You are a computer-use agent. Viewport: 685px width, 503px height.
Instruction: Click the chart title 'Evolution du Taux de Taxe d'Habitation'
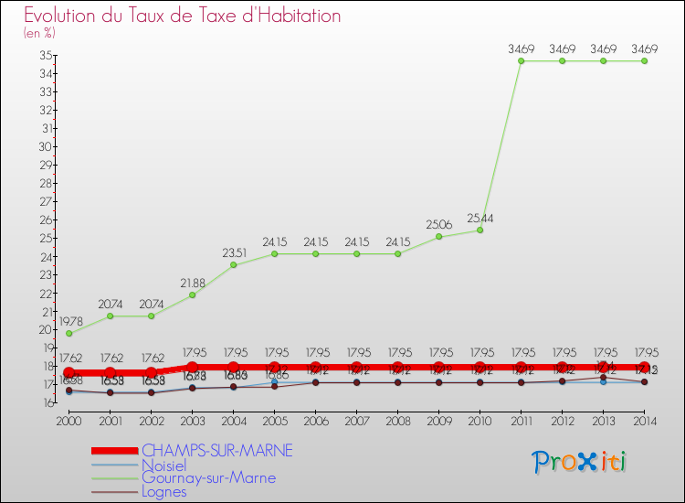point(182,16)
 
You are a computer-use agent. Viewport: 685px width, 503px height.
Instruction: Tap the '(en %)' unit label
point(39,33)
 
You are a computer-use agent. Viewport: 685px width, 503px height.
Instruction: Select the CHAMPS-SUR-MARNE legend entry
point(216,451)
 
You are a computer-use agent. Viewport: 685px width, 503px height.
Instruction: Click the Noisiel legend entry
point(163,465)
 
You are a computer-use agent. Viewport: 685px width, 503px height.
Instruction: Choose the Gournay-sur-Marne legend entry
point(208,477)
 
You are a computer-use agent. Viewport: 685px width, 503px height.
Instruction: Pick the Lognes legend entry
point(163,491)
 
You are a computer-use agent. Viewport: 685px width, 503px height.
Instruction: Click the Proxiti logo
point(580,462)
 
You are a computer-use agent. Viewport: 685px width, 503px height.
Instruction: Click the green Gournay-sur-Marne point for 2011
point(521,61)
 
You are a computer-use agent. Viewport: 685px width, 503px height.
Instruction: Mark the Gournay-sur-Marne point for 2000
point(68,333)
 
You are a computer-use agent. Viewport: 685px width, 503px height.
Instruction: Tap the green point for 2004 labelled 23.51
point(233,264)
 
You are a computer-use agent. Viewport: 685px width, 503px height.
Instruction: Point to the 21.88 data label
point(192,284)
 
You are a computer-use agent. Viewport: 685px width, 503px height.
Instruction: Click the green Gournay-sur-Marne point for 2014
point(644,61)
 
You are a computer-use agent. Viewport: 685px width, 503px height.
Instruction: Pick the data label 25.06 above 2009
point(438,225)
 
